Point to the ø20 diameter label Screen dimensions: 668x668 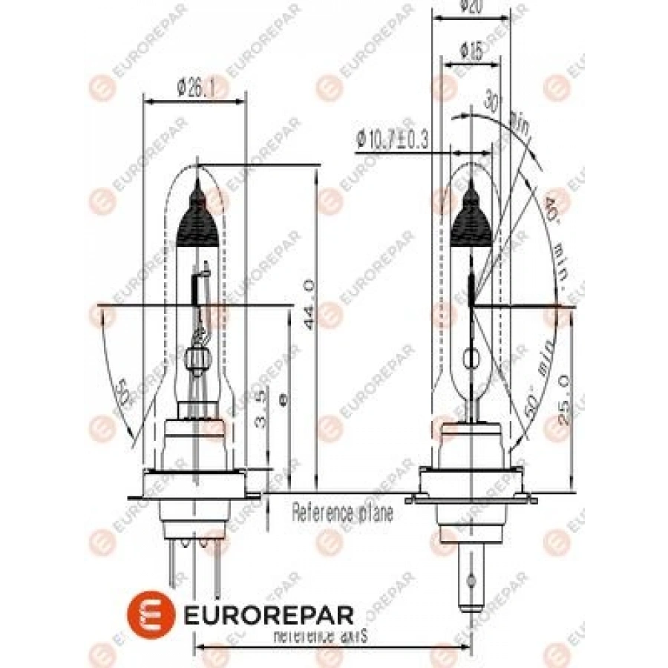click(471, 7)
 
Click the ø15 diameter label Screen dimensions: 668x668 click(471, 51)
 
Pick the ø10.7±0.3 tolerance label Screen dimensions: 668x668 click(393, 139)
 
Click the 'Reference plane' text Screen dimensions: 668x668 click(342, 512)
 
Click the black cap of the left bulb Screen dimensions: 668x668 click(199, 215)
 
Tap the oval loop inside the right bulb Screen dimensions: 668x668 click(472, 360)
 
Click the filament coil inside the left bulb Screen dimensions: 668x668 click(197, 286)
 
